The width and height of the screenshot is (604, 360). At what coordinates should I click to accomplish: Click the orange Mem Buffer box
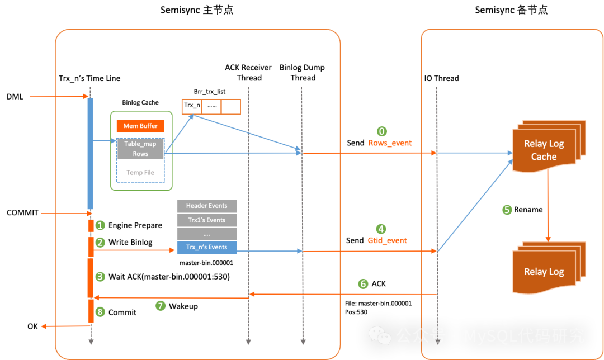coord(140,126)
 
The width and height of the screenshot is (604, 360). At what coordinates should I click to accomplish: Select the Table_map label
coord(140,144)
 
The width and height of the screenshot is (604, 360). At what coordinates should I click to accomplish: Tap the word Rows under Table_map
coord(140,154)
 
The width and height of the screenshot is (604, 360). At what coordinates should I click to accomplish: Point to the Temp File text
coord(140,173)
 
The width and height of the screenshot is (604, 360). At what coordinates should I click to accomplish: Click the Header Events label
coord(206,206)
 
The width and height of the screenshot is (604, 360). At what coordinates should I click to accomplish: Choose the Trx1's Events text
coord(206,220)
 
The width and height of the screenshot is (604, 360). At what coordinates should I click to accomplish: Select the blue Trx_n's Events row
coord(206,247)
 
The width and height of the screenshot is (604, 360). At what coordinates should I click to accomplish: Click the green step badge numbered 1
coord(100,226)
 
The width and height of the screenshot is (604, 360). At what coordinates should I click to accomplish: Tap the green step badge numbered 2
coord(100,243)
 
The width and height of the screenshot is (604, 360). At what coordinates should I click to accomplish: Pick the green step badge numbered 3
coord(100,276)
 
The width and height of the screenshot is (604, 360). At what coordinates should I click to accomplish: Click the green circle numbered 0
coord(382,132)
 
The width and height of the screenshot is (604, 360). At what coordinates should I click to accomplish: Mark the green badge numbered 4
coord(381,229)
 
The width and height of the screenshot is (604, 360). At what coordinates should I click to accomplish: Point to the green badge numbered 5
coord(507,210)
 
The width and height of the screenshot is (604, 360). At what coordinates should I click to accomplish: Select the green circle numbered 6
coord(364,284)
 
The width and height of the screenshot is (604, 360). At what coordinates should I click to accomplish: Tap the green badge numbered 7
coord(161,306)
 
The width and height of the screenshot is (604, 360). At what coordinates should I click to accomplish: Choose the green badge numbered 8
coord(100,312)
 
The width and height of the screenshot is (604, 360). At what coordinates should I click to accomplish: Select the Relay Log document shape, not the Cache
coord(544,272)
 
